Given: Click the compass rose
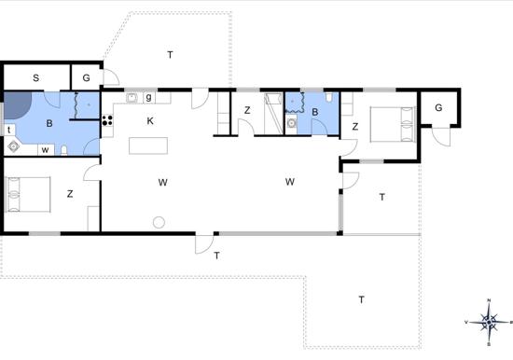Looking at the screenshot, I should [490, 321].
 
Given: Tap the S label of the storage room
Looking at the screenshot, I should [36, 77].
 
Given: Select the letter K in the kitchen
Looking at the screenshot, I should [150, 120].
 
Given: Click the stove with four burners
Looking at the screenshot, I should [107, 119].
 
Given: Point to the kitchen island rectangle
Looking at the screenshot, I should [148, 146].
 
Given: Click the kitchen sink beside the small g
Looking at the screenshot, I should [132, 97].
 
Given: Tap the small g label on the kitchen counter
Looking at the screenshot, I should [148, 97].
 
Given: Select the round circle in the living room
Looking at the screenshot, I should [159, 222].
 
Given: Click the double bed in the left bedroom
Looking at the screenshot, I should [27, 194].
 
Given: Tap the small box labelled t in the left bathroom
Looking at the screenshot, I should [9, 130].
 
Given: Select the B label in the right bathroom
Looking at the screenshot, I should [314, 113].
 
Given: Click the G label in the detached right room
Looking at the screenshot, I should [437, 108].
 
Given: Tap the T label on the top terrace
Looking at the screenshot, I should [170, 54].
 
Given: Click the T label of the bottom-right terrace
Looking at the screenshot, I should [361, 298].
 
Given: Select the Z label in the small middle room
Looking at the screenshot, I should [247, 111].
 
